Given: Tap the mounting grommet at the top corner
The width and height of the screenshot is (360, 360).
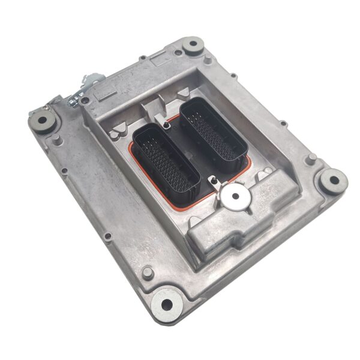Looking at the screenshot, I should [x=193, y=44].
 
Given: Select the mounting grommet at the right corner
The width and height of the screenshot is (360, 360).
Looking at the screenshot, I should [x=332, y=178].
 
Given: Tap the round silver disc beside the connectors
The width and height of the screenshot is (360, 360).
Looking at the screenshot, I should [x=236, y=196].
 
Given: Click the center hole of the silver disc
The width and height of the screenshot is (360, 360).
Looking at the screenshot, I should [x=236, y=196].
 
